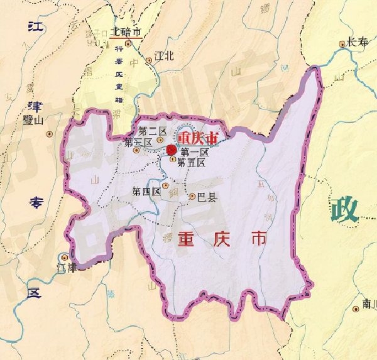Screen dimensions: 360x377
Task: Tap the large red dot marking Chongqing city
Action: click(171, 149)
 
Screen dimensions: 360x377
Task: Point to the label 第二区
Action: click(152, 131)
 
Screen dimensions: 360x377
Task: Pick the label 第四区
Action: click(146, 192)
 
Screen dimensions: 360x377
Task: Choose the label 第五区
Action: click(192, 163)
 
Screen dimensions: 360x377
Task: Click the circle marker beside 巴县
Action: click(193, 197)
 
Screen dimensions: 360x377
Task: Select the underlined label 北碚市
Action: click(124, 31)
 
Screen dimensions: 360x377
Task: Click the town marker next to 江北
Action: click(149, 60)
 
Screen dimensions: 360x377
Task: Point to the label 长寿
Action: click(357, 42)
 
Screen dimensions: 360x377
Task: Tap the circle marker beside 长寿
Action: click(342, 44)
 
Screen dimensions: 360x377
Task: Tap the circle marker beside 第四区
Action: click(165, 186)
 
